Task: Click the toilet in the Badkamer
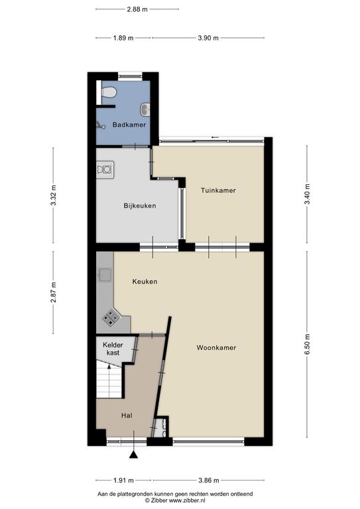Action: pos(109,93)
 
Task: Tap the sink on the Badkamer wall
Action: pos(145,109)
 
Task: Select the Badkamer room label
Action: pos(129,125)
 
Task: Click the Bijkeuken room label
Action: pos(140,206)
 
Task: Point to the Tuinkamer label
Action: pos(218,191)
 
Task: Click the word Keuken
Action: pos(145,282)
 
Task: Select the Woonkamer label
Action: pos(216,348)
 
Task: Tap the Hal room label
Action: pos(127,416)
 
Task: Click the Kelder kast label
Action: pos(113,349)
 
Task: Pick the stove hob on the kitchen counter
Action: pos(110,317)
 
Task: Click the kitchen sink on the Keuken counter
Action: pos(105,275)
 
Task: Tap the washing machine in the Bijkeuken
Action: pos(105,170)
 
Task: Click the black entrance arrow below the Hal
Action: pos(133,455)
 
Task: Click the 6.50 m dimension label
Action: pos(307,344)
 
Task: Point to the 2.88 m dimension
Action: pos(137,9)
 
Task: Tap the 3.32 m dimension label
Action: pos(54,196)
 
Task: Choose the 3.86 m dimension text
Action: pos(209,480)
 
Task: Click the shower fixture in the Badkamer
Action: pos(100,125)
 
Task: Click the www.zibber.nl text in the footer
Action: pos(188,500)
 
